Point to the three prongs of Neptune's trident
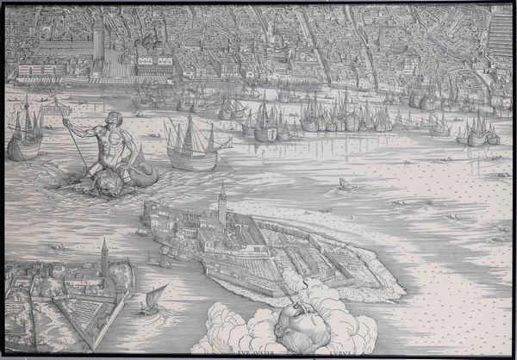click(64, 122)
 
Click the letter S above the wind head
click(305, 281)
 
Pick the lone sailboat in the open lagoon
click(344, 184)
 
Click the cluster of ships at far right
click(477, 132)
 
